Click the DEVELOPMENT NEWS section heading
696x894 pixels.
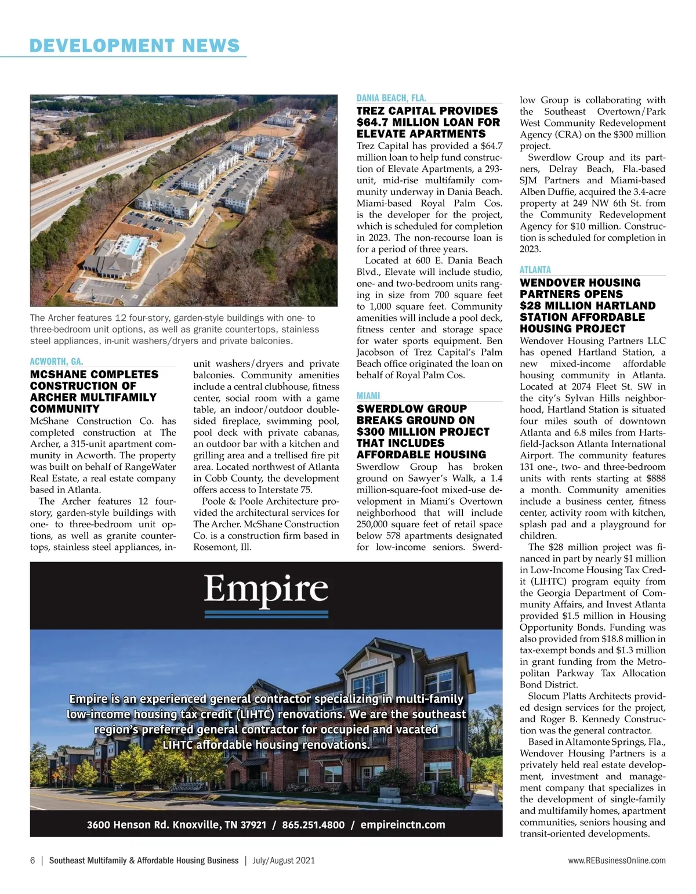pyautogui.click(x=135, y=45)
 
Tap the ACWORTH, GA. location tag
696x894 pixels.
pyautogui.click(x=56, y=361)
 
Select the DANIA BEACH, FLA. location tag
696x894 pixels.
pyautogui.click(x=391, y=98)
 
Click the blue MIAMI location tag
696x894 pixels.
pyautogui.click(x=368, y=396)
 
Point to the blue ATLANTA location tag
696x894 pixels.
pyautogui.click(x=535, y=270)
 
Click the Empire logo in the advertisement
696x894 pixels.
pyautogui.click(x=266, y=591)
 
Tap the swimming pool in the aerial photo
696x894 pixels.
pyautogui.click(x=133, y=247)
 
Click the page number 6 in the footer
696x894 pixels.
pyautogui.click(x=32, y=860)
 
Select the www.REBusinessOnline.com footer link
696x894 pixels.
pyautogui.click(x=617, y=860)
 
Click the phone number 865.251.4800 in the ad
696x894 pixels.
pyautogui.click(x=313, y=824)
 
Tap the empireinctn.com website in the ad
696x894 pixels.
pyautogui.click(x=403, y=824)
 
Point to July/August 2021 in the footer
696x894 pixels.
pyautogui.click(x=284, y=860)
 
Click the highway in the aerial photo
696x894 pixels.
pyautogui.click(x=87, y=174)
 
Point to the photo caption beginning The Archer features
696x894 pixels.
pyautogui.click(x=174, y=329)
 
